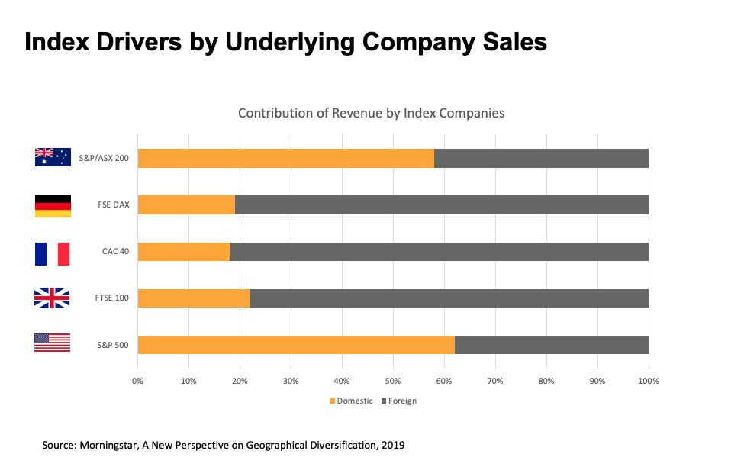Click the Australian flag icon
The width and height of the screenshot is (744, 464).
(53, 157)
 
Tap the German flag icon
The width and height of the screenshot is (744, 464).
(53, 205)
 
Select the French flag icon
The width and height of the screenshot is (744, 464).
(53, 253)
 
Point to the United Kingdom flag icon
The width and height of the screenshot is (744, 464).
(53, 298)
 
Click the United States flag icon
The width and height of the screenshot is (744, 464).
(53, 343)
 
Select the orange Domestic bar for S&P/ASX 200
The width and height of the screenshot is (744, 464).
(285, 158)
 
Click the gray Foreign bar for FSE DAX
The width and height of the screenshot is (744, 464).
(442, 205)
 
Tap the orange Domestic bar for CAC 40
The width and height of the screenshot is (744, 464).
(183, 252)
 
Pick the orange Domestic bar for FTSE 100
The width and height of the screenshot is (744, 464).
(194, 298)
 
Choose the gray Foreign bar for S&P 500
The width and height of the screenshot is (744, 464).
(552, 344)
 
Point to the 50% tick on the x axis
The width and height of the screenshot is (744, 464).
(393, 380)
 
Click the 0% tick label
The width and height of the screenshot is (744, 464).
(137, 380)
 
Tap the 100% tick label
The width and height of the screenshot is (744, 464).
(649, 380)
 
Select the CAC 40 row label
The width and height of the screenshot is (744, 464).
(115, 251)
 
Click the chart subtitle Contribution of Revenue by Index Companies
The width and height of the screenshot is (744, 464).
(371, 113)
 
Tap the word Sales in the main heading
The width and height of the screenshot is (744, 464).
(512, 42)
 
